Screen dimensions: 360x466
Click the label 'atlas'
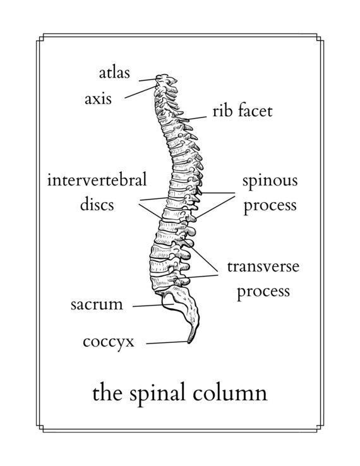coord(114,73)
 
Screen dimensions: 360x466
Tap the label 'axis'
coord(98,99)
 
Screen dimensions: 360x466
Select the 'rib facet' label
coord(243,111)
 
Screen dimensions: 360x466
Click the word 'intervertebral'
coord(97,180)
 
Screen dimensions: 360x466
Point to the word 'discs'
coord(97,205)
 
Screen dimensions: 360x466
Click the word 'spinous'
coord(270,181)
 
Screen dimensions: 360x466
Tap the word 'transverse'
coord(263,266)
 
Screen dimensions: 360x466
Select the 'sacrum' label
coord(97,304)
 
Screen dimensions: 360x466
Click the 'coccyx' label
coord(109,343)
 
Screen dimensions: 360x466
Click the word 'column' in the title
coord(230,393)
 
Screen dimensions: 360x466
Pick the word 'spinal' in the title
coord(159,394)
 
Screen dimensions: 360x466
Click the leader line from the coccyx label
coord(167,343)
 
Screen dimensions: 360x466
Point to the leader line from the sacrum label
coord(153,305)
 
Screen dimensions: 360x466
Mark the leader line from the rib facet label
coord(194,119)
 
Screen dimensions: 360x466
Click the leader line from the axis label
coord(140,92)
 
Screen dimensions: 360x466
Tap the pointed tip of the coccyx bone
coord(189,342)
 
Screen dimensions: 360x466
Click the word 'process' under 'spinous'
coord(270,206)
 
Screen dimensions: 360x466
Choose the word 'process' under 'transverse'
coord(263,291)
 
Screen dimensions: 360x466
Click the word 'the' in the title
coord(107,393)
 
